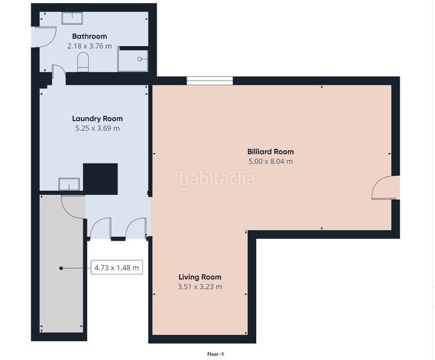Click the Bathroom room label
point(89,36)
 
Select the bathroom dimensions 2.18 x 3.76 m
point(89,46)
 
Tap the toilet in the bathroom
point(83,62)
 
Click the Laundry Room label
point(96,118)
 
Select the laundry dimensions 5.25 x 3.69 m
point(96,128)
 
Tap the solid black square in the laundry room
point(100,178)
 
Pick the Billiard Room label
point(271,152)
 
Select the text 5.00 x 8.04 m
point(271,161)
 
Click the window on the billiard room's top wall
point(209,80)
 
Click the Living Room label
point(200,277)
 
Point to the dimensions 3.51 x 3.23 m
point(200,287)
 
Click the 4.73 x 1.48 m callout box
point(117,268)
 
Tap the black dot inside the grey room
point(61,268)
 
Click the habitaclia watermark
point(217,179)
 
